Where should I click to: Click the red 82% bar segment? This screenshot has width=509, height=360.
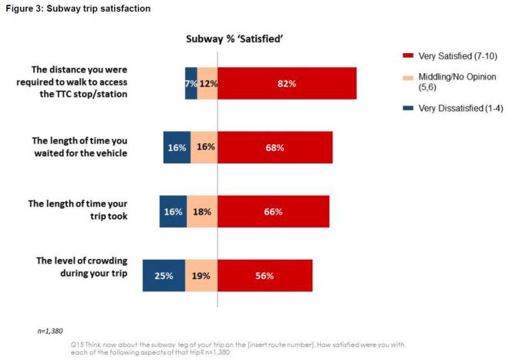pos(287,83)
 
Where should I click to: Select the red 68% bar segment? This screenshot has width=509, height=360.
pos(275,147)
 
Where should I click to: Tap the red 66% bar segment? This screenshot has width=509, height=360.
pos(273,211)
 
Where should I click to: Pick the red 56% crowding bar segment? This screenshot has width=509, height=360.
pos(265,275)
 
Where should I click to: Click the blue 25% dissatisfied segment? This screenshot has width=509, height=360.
pos(163,275)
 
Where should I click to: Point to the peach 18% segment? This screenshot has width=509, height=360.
pos(202,211)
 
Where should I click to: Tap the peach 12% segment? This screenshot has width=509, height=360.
pos(207,83)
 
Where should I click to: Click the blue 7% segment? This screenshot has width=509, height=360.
pos(190,83)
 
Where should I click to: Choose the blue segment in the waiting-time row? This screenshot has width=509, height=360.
pos(177,147)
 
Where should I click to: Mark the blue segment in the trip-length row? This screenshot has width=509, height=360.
pos(174,211)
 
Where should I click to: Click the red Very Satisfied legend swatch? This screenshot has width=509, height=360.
pos(407,56)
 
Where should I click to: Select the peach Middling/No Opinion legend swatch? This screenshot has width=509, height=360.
pos(407,77)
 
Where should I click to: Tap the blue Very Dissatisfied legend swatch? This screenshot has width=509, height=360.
pos(407,108)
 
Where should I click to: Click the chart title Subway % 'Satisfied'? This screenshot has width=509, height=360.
pos(230,38)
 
